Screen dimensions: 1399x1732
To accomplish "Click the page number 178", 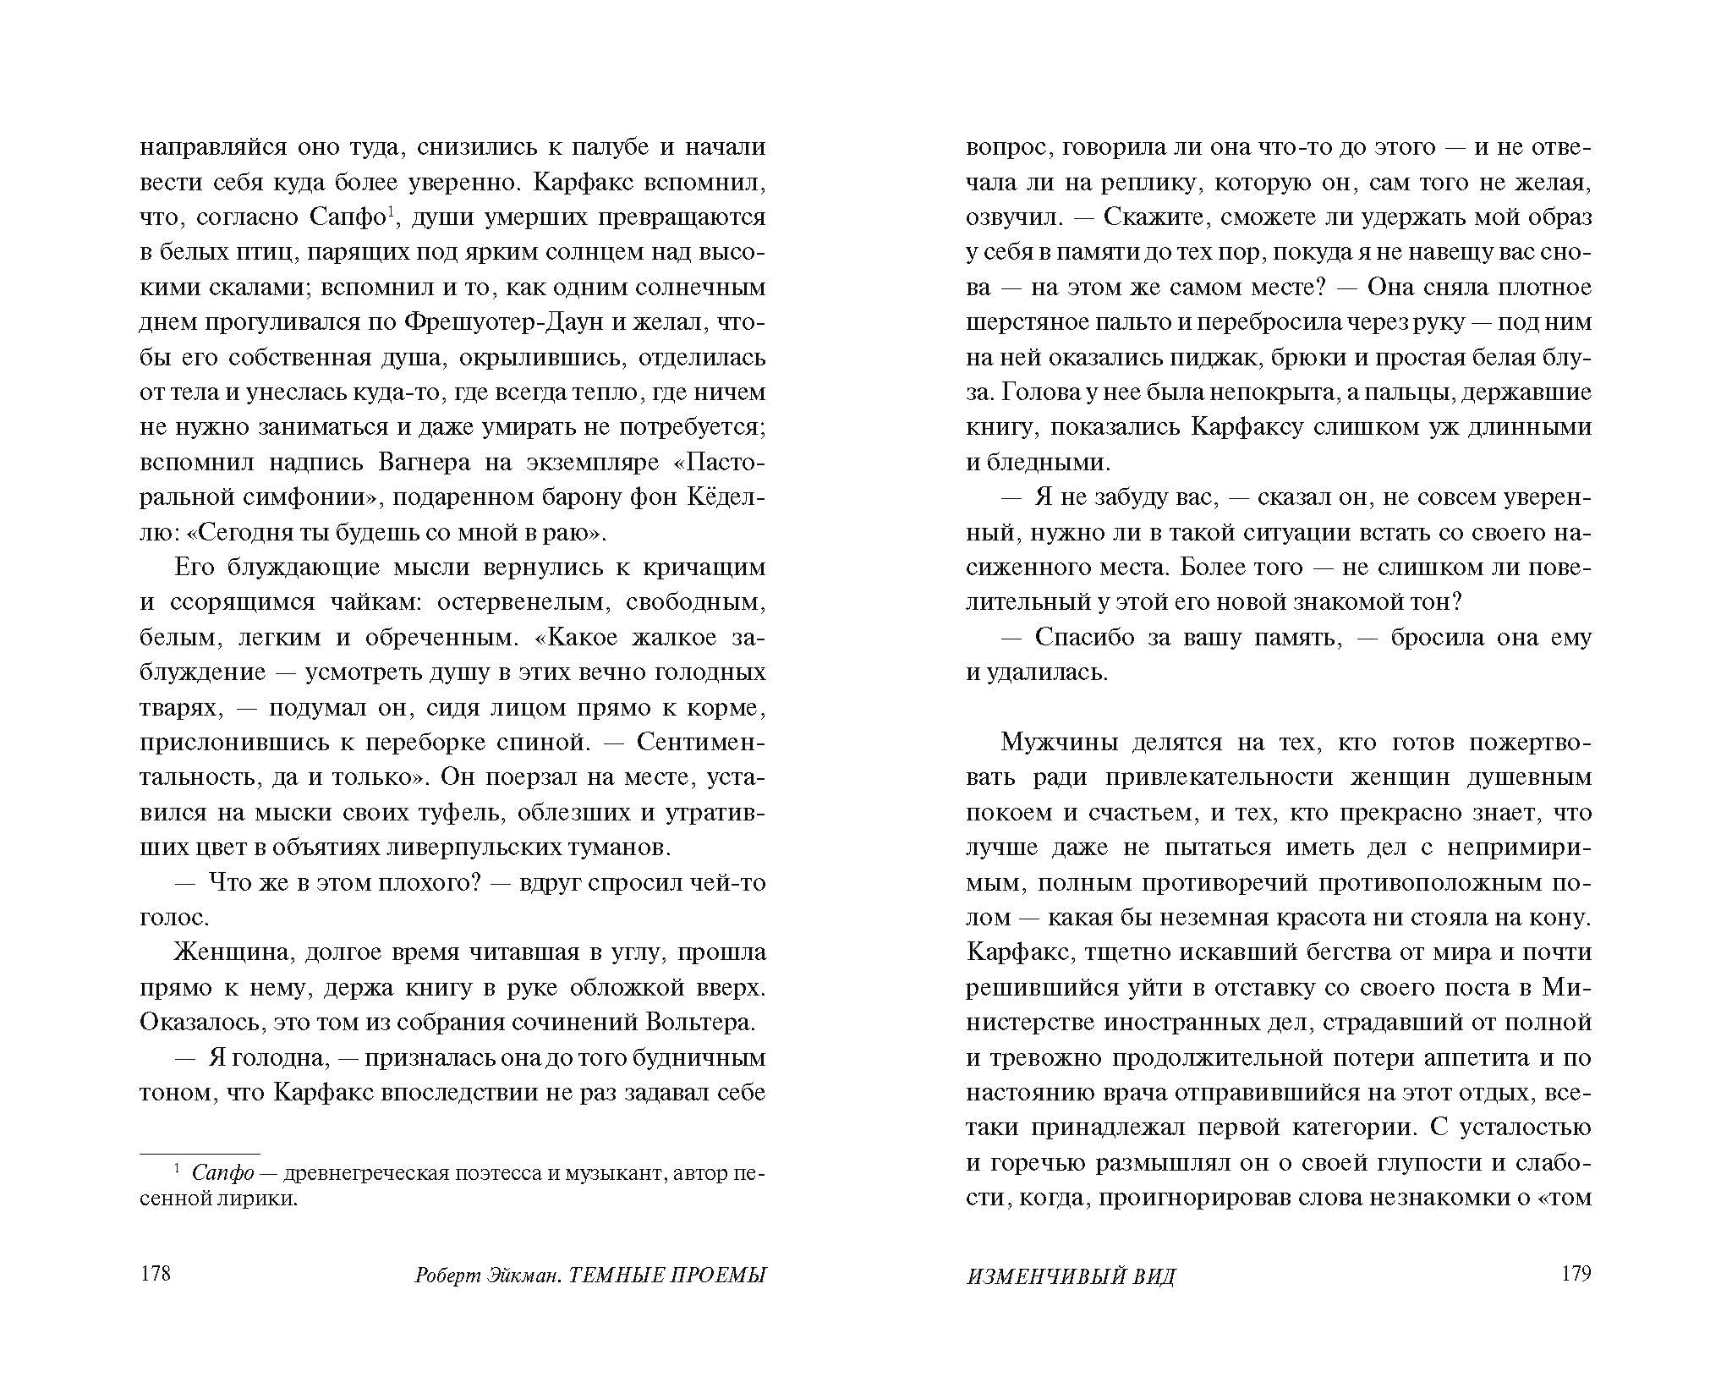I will point(155,1274).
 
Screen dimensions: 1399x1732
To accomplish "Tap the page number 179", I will point(1576,1274).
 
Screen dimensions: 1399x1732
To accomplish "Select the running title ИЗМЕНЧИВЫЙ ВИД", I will point(1071,1276).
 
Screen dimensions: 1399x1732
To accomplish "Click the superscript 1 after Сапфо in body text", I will point(391,211).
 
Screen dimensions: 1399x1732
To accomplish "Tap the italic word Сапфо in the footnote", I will point(223,1173).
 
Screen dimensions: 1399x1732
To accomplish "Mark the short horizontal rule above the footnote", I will point(200,1153).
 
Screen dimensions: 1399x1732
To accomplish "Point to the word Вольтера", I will point(699,1023).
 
